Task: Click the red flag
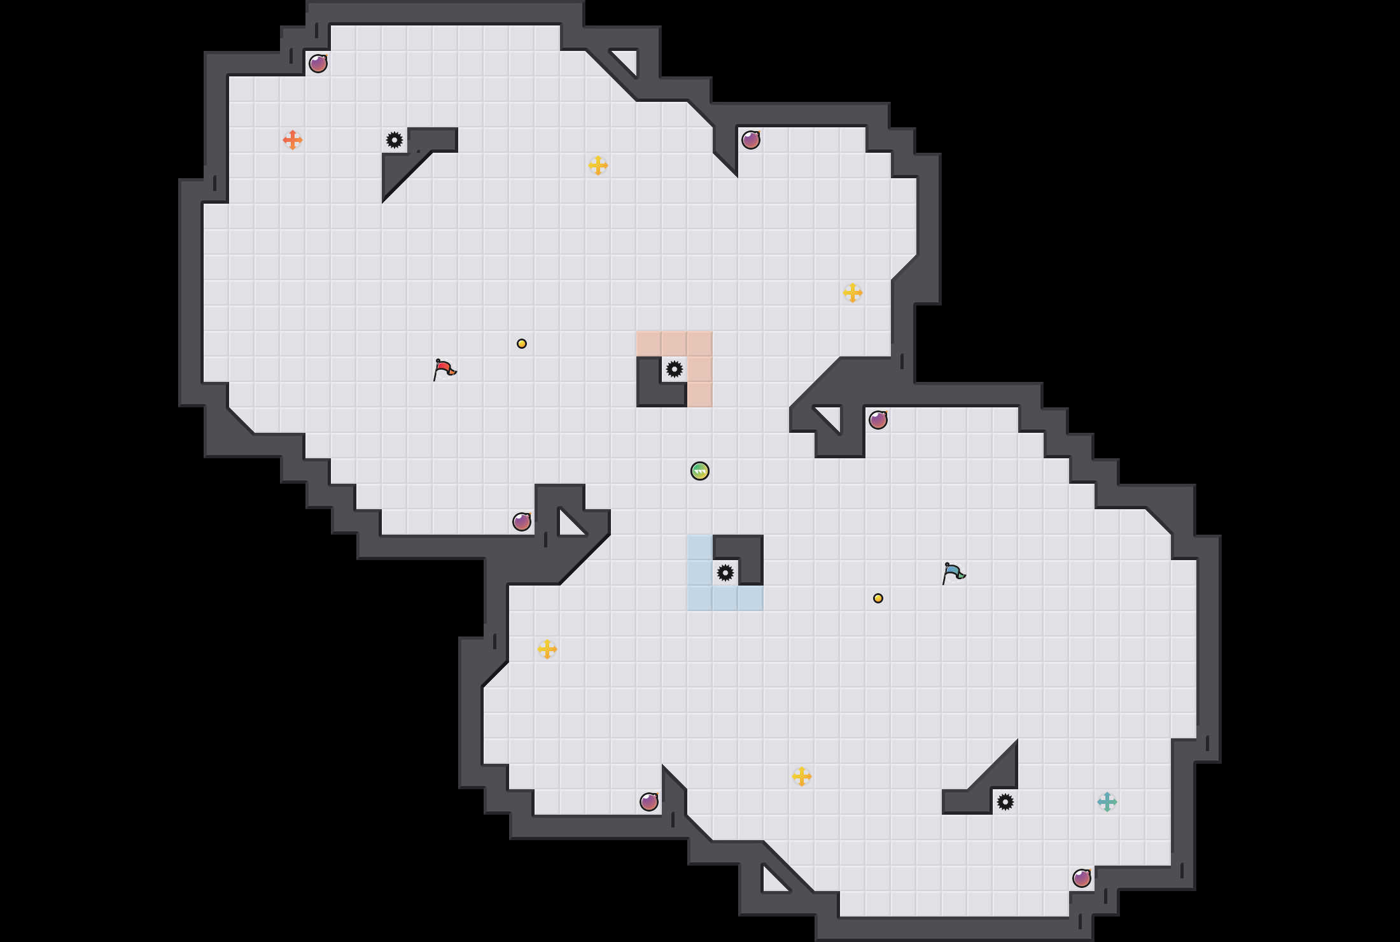(444, 370)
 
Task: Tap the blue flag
(953, 573)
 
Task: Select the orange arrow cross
(293, 140)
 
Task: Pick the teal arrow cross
(1107, 802)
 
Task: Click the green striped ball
(700, 471)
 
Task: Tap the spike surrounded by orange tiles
(675, 369)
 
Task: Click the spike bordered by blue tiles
(725, 573)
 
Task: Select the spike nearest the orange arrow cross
(395, 140)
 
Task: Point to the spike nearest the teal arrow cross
(1005, 802)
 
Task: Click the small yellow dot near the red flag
(522, 344)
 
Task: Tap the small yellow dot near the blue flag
(878, 598)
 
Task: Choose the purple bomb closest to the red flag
(522, 522)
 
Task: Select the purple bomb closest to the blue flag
(878, 420)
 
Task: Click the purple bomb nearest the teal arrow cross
(1082, 878)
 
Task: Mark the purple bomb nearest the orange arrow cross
(318, 64)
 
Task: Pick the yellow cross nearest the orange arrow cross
(598, 165)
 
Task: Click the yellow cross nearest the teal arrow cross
(802, 777)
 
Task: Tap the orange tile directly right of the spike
(700, 369)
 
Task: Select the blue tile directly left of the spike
(700, 573)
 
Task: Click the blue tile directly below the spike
(725, 598)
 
